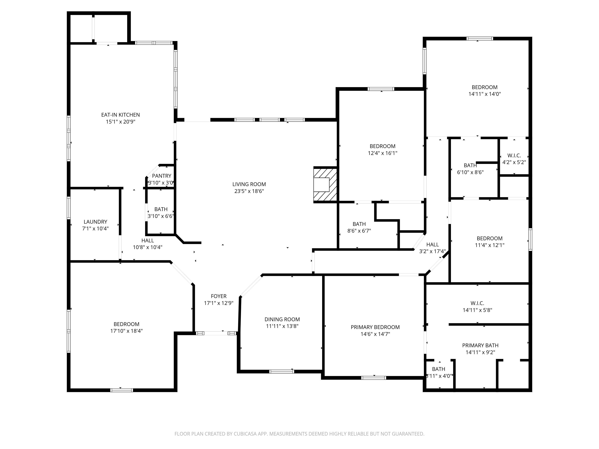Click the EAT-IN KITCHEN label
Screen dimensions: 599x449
121,115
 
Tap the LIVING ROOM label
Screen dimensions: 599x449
249,184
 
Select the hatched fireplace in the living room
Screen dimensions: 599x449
325,185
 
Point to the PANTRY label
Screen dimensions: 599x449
162,176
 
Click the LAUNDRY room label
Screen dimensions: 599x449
95,222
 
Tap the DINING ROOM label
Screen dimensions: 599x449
282,319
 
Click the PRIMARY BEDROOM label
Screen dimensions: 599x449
375,327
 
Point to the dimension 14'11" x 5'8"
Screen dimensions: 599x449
477,310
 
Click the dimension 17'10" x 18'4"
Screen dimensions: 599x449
127,331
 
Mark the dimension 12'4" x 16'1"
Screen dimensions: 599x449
383,153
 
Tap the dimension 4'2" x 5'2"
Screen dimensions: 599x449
514,162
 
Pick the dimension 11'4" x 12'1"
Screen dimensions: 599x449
490,245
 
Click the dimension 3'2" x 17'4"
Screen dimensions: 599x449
432,251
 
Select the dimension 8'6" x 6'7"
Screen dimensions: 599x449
359,231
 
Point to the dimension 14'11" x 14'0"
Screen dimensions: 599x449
485,94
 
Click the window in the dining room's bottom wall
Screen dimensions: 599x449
282,371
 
